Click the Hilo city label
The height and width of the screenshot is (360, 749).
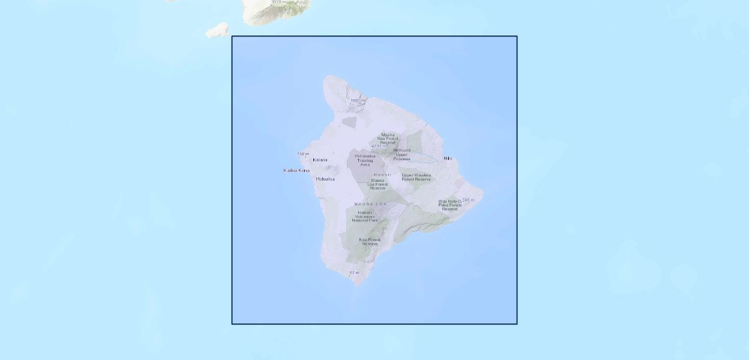click(448, 158)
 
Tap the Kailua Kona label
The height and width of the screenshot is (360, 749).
click(296, 170)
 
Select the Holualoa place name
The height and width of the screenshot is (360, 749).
click(325, 179)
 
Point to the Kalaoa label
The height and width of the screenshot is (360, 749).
click(320, 160)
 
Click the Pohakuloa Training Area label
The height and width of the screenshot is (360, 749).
click(365, 160)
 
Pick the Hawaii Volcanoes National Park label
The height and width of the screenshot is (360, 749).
click(365, 217)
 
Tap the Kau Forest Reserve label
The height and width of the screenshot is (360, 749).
click(370, 242)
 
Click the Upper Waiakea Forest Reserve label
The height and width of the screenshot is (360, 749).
click(416, 177)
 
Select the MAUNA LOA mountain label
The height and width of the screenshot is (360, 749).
click(371, 205)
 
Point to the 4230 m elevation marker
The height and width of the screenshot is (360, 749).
click(379, 146)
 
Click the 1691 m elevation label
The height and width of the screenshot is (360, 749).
click(358, 100)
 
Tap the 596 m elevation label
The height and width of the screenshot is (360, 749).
click(468, 200)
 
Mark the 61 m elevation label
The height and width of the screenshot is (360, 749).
click(354, 273)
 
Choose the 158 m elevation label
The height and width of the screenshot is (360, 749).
click(303, 154)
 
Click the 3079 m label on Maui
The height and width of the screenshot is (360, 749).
click(278, 2)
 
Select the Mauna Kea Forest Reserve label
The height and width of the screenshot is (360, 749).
click(388, 139)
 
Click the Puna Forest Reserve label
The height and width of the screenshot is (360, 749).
click(450, 205)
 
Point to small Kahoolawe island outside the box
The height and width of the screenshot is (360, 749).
click(217, 30)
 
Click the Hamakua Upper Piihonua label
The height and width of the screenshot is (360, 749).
click(402, 154)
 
